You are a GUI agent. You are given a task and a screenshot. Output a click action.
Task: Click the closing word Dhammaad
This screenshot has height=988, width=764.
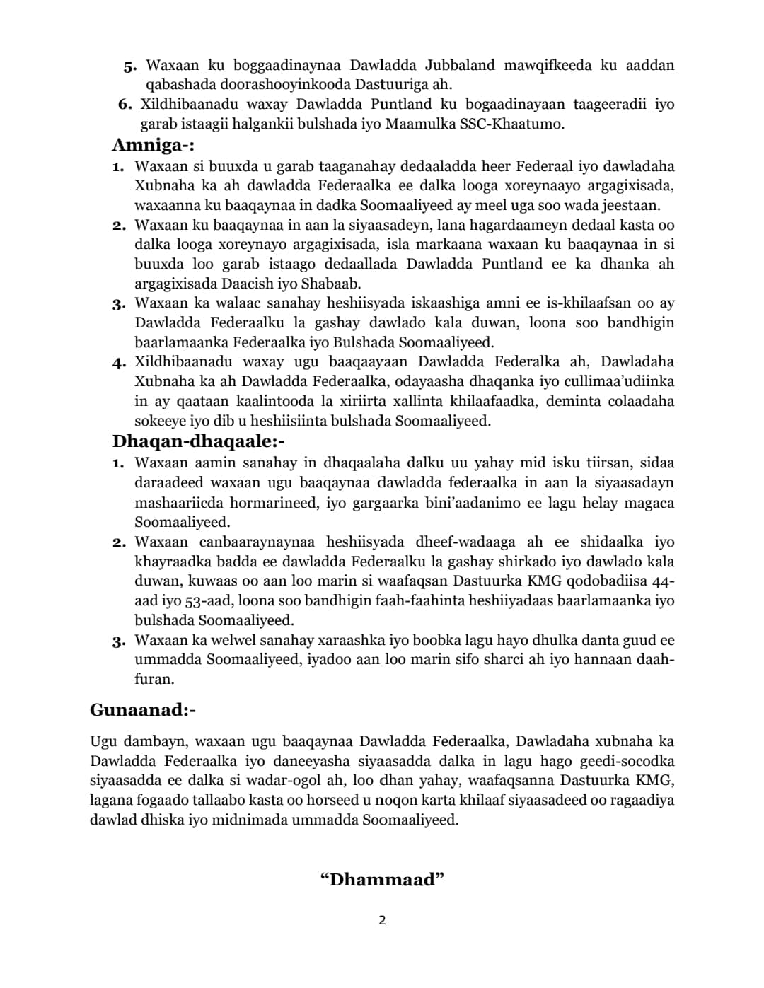pos(382,880)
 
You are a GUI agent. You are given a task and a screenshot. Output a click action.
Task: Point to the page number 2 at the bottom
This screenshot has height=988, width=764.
pos(382,920)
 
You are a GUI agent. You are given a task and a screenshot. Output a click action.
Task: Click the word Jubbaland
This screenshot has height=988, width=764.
pos(460,65)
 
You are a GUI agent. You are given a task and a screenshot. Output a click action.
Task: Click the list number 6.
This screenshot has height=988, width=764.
pos(125,105)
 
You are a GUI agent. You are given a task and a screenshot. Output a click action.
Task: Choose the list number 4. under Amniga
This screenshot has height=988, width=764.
pos(119,363)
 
